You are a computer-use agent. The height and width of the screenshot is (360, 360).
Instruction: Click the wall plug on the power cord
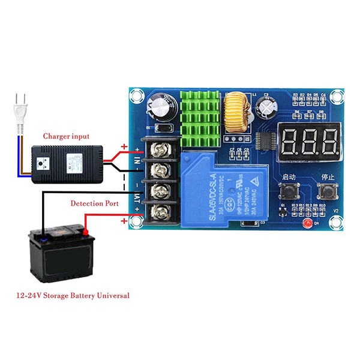(x=20, y=111)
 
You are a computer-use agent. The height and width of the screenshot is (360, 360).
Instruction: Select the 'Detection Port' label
(x=94, y=203)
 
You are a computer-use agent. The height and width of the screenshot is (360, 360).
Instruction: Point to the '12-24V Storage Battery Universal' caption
(x=73, y=295)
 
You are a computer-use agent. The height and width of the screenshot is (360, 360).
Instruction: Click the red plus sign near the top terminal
(x=124, y=146)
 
